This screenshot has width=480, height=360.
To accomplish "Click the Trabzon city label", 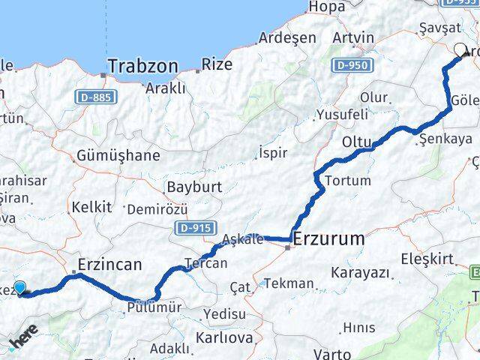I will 143,66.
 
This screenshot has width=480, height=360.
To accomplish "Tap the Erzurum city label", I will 329,239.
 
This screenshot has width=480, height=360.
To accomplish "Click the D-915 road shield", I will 193,226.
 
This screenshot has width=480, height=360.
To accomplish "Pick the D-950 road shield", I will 351,66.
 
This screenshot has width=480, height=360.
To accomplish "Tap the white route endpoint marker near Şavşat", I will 460,51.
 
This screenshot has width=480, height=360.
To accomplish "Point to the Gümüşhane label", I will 118,156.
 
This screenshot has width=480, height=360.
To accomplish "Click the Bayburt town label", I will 191,185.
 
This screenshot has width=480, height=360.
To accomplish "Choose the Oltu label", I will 357,142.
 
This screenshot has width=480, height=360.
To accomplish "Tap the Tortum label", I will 347,180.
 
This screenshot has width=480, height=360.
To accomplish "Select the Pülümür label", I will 154,307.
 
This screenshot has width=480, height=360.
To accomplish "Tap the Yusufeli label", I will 342,115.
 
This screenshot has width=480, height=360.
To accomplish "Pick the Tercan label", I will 205,262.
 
